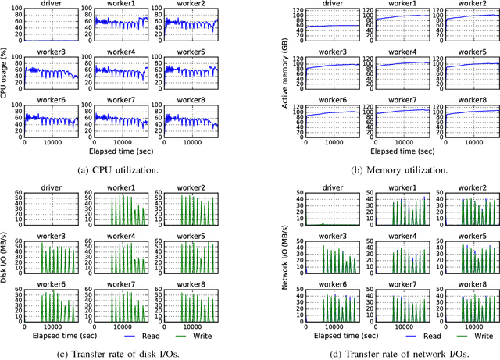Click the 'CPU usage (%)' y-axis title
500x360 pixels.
pyautogui.click(x=6, y=73)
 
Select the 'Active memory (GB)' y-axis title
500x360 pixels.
pyautogui.click(x=287, y=73)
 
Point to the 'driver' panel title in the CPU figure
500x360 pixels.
pyautogui.click(x=52, y=5)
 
